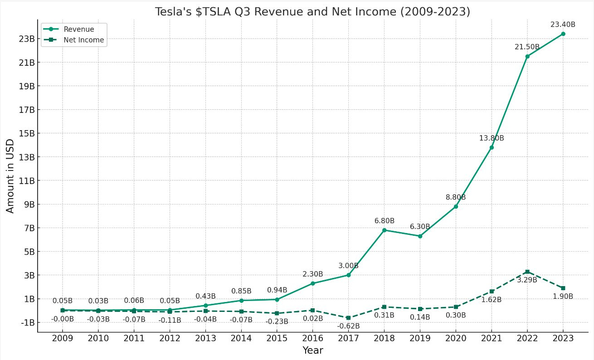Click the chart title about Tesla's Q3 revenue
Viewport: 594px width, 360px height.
point(312,12)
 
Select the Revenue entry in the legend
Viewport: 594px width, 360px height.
point(78,29)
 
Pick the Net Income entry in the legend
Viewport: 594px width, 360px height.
point(83,40)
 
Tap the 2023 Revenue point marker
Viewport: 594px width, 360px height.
point(563,34)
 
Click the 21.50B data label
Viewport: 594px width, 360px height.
point(526,47)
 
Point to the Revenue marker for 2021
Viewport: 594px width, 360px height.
point(491,147)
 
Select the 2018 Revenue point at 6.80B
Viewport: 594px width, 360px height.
point(384,230)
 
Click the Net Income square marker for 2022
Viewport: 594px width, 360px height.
point(527,272)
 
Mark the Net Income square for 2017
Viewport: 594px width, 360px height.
point(348,318)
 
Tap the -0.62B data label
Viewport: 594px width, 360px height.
point(348,326)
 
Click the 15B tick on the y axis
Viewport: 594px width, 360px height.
point(26,133)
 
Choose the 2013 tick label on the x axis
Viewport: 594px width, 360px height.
point(205,338)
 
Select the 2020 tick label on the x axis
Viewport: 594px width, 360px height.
point(456,338)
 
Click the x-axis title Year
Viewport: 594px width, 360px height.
point(312,350)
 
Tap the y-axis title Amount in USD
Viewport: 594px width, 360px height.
point(10,176)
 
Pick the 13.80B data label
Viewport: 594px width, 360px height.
point(491,138)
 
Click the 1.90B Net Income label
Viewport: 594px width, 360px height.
point(563,296)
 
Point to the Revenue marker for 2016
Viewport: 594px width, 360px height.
point(312,283)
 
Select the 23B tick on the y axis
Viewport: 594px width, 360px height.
point(26,39)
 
